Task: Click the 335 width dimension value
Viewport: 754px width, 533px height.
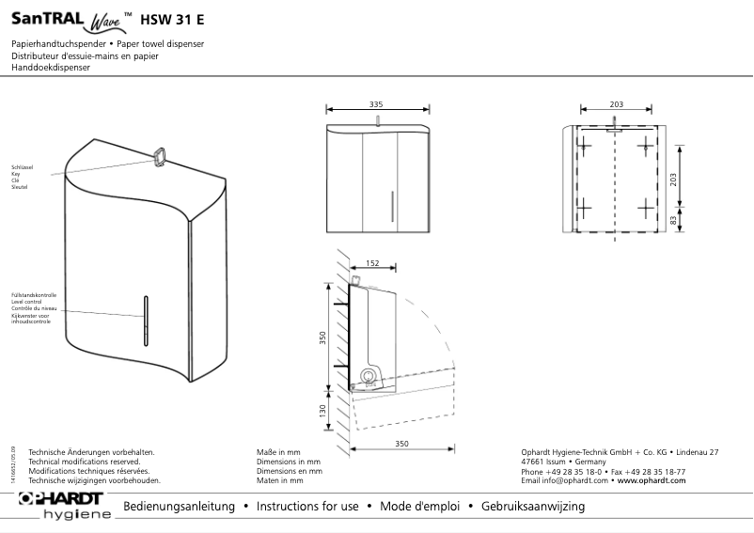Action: click(376, 103)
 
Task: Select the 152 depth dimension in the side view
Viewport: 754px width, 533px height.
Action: click(372, 264)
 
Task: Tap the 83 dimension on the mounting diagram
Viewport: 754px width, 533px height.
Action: click(673, 219)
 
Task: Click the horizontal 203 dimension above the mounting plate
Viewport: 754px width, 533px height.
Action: click(617, 103)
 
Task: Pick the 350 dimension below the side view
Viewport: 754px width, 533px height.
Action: click(402, 443)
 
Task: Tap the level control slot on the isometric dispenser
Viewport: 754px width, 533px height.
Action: click(146, 321)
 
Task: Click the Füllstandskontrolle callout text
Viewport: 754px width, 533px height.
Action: click(34, 295)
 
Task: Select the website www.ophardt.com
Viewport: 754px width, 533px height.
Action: click(652, 480)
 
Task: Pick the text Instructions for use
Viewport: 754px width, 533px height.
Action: click(307, 507)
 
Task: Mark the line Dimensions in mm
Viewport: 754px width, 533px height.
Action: click(289, 462)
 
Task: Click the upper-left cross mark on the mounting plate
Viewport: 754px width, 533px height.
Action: click(584, 146)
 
